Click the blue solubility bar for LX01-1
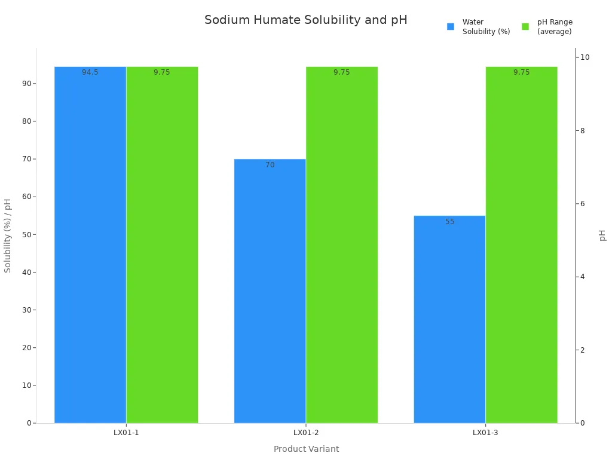point(90,245)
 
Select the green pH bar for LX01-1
point(162,245)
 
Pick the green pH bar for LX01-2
point(342,245)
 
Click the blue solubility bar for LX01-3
point(449,319)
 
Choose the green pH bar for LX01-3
point(521,245)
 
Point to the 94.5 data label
point(90,72)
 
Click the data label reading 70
point(270,165)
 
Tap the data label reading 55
point(450,222)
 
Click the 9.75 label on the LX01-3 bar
point(521,72)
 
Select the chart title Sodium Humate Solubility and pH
point(305,20)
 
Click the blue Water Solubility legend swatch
point(451,26)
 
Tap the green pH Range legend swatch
point(525,26)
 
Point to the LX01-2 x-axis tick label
point(306,432)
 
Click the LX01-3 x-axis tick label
point(485,432)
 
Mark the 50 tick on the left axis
point(27,234)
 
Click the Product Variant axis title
point(306,449)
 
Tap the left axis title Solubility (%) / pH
point(8,235)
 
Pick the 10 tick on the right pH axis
point(585,57)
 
